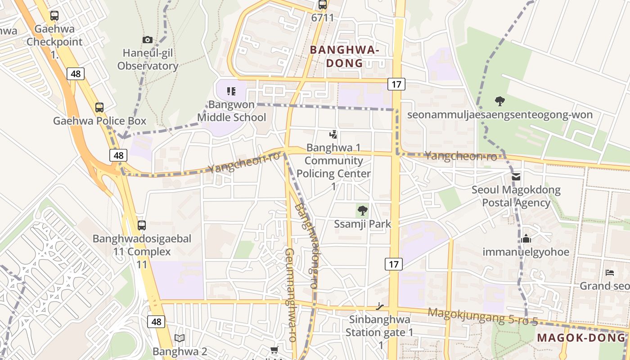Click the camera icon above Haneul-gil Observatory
coord(148,40)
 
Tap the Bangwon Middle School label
coord(232,111)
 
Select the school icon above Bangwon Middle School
coord(231,92)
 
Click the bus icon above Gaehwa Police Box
coord(99,108)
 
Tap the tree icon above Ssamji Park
coord(362,210)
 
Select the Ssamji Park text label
coord(363,224)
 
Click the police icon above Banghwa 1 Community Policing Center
coord(333,134)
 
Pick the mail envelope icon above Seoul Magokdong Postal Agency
coord(516,176)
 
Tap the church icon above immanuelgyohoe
coord(526,238)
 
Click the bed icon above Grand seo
coord(610,273)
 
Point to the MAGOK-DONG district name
coord(581,337)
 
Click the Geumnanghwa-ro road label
coord(291,295)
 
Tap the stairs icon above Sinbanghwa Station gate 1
coord(380,306)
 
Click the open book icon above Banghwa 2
coord(180,338)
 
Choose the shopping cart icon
coord(274,350)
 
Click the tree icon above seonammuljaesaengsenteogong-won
coord(499,101)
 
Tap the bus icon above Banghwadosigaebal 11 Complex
coord(142,225)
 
